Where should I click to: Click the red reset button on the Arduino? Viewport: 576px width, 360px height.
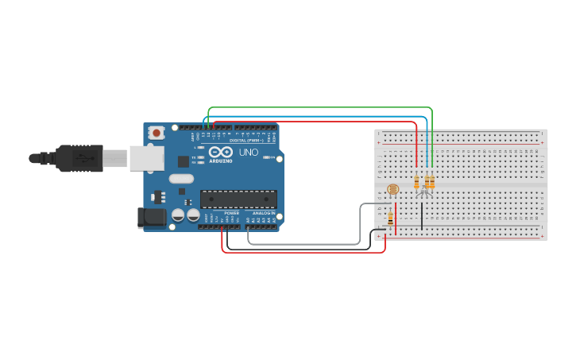pyautogui.click(x=157, y=132)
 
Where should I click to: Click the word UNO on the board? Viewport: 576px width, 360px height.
pyautogui.click(x=248, y=152)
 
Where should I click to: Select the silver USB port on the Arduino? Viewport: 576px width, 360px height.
pyautogui.click(x=145, y=158)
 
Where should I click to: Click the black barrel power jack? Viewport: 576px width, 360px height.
pyautogui.click(x=151, y=218)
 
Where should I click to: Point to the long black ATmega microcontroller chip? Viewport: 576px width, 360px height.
pyautogui.click(x=238, y=199)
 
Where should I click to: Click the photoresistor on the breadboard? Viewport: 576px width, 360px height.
pyautogui.click(x=392, y=189)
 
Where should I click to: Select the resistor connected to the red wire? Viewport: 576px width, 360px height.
pyautogui.click(x=416, y=182)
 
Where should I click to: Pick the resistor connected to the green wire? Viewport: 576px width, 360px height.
pyautogui.click(x=431, y=182)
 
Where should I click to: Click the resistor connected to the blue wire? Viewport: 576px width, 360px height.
pyautogui.click(x=427, y=182)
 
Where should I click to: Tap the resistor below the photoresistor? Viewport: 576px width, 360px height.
pyautogui.click(x=390, y=217)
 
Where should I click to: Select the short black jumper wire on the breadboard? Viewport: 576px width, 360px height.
pyautogui.click(x=422, y=215)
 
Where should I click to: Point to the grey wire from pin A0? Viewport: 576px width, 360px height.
pyautogui.click(x=302, y=244)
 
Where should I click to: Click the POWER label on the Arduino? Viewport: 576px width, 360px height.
pyautogui.click(x=231, y=213)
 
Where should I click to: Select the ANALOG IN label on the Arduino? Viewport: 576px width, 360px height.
pyautogui.click(x=263, y=213)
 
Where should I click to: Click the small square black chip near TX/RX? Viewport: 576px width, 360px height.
pyautogui.click(x=184, y=161)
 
